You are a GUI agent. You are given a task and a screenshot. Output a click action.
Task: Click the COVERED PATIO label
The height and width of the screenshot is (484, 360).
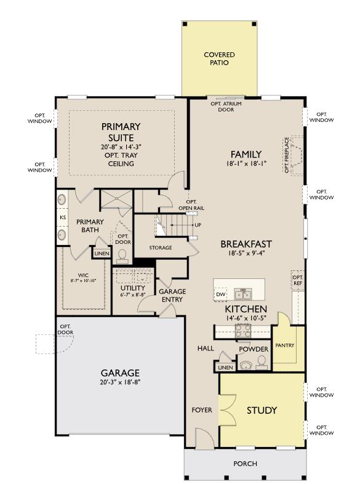point(219,58)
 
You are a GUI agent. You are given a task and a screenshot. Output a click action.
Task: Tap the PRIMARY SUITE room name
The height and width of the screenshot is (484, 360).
point(121,132)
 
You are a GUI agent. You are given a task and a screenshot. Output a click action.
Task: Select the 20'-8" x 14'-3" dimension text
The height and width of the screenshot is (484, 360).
point(121,147)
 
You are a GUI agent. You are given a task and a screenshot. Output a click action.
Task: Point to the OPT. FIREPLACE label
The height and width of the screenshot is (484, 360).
point(287,155)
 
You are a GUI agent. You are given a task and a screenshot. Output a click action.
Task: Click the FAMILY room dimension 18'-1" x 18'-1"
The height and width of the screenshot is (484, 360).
point(246,164)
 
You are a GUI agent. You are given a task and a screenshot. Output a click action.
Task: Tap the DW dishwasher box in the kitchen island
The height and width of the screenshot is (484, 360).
point(220,294)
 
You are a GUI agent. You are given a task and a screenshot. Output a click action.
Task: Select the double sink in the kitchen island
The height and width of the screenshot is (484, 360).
point(243,294)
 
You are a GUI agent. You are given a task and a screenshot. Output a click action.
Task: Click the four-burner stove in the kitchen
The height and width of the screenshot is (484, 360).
point(243,331)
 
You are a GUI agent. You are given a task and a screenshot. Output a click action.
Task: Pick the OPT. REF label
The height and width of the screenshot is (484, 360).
point(298,280)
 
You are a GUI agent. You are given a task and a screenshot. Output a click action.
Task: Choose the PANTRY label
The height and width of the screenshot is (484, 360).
point(285,345)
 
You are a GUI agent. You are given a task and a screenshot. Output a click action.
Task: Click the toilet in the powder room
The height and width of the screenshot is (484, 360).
point(262,361)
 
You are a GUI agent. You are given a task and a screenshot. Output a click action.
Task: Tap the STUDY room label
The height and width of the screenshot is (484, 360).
point(262,410)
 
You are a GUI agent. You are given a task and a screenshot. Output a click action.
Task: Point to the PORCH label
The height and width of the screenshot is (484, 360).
point(246,464)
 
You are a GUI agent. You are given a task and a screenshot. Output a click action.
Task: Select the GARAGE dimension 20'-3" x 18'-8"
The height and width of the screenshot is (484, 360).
point(121,382)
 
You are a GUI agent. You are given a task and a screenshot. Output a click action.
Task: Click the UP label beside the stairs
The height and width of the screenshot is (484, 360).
point(198,225)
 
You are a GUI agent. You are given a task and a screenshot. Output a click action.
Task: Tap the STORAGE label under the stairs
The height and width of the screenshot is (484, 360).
point(161,248)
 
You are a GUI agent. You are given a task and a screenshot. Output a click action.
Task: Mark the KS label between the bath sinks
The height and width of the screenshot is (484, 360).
point(63,217)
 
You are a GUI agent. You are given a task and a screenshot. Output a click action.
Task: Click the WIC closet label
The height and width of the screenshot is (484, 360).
point(83,275)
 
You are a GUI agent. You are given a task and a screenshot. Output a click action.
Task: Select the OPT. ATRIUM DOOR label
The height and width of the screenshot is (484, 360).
point(226,107)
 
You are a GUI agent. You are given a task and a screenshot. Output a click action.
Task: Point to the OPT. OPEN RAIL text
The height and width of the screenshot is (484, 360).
point(191,205)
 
